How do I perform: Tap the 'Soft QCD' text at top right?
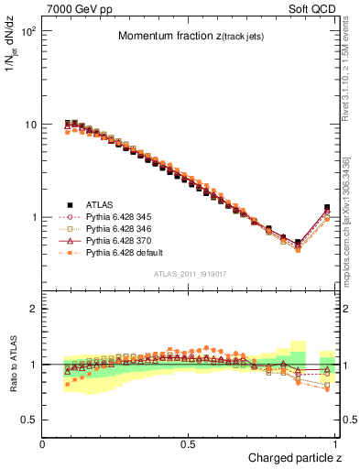313,8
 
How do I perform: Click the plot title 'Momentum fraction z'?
190,37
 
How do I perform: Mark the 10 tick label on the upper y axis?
29,125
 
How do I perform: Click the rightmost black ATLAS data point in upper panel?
327,208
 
